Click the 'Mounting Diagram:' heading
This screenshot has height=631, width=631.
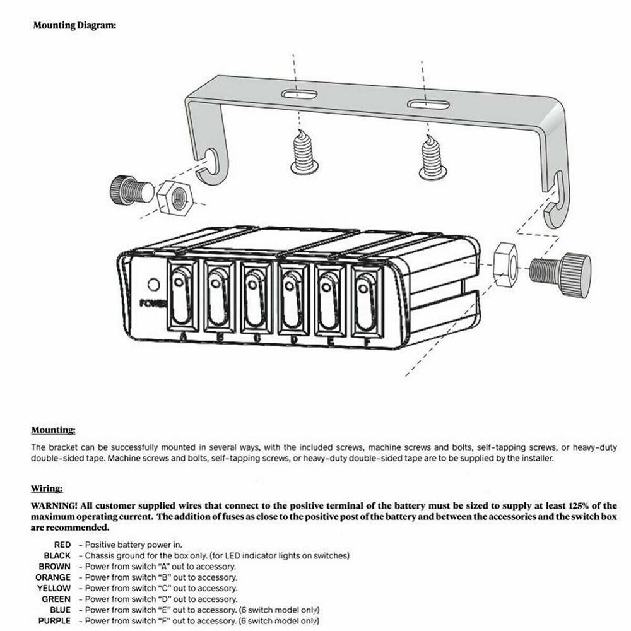pos(74,27)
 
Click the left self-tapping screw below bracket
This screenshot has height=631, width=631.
pos(304,151)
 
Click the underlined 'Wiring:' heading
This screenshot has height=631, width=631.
pos(47,488)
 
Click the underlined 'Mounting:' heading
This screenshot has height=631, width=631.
pos(53,430)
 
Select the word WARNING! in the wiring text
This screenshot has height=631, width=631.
pos(55,505)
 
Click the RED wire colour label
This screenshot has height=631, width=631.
pos(62,545)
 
